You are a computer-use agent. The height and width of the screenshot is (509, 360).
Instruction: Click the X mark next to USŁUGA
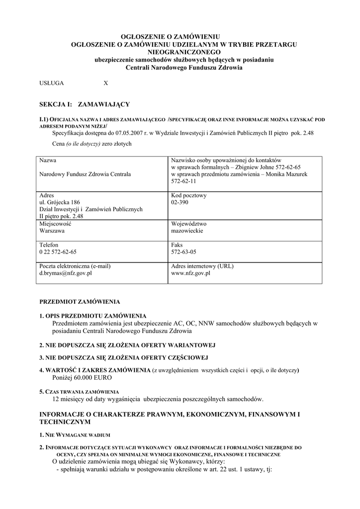(x=105, y=84)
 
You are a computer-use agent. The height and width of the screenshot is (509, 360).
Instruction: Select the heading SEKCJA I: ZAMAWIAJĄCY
(x=85, y=104)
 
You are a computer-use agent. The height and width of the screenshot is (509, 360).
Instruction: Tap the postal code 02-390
(x=180, y=203)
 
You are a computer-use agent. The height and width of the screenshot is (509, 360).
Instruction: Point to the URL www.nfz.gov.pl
(x=190, y=273)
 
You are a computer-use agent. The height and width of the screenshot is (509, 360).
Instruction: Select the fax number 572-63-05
(x=183, y=252)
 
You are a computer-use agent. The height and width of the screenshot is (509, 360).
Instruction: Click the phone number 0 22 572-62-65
(x=58, y=252)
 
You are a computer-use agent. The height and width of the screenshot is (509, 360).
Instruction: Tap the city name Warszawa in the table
(x=53, y=231)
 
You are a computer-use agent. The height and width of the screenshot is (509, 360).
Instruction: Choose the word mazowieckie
(x=187, y=231)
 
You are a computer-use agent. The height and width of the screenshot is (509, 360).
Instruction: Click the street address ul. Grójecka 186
(x=60, y=203)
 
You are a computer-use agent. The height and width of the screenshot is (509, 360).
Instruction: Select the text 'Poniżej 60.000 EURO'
(x=80, y=378)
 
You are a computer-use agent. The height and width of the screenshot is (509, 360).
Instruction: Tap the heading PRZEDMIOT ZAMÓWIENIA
(x=80, y=302)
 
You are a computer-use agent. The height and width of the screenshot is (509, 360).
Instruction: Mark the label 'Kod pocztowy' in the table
(x=189, y=196)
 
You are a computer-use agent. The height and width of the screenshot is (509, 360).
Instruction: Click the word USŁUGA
(x=52, y=84)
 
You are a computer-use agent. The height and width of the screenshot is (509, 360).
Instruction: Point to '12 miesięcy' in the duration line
(x=70, y=399)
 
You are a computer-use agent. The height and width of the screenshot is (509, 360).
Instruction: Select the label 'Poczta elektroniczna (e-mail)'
(x=75, y=266)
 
